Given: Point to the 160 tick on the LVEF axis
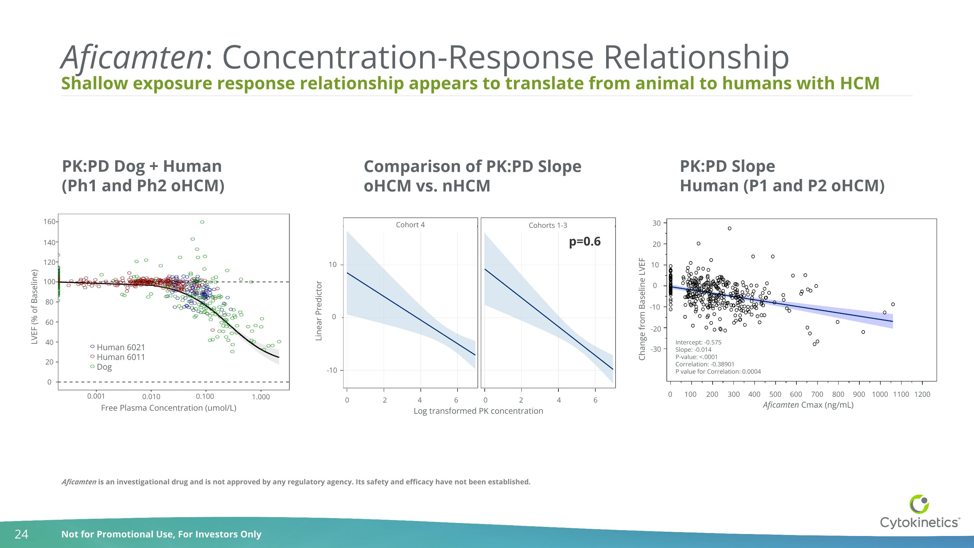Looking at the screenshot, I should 50,222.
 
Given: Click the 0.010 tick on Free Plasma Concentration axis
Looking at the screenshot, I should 151,396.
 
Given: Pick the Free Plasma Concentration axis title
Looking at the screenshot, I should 169,408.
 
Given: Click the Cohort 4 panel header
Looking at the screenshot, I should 410,225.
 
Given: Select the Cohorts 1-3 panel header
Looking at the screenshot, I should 548,225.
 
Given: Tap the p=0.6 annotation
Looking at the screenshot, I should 584,242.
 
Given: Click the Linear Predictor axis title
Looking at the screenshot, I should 319,311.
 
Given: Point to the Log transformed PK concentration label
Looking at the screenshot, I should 478,411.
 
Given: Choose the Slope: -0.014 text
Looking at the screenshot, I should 693,350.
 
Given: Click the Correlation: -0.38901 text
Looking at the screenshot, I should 705,364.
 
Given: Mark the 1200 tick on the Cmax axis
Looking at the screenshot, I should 922,394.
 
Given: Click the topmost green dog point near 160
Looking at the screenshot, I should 202,222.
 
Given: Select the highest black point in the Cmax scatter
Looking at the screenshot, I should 730,228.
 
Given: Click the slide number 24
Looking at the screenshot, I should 21,534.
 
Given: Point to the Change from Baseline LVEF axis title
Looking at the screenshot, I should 642,309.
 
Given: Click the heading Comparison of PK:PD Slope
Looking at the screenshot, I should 472,166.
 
